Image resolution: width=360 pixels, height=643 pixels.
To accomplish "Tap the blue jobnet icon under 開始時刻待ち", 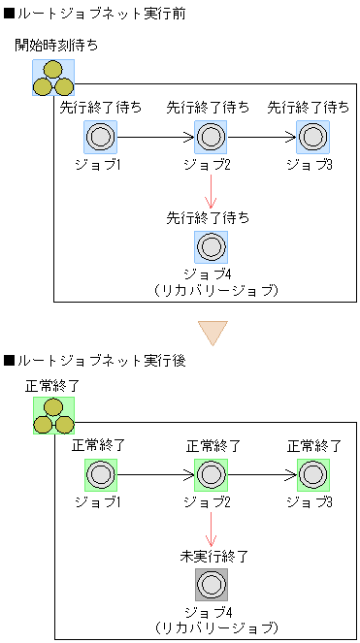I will pyautogui.click(x=52, y=78).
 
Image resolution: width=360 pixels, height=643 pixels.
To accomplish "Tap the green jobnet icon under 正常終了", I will pyautogui.click(x=52, y=416).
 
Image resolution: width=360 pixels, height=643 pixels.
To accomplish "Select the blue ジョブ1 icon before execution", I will pyautogui.click(x=99, y=138).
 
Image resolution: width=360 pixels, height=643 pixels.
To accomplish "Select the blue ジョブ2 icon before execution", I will pyautogui.click(x=211, y=138).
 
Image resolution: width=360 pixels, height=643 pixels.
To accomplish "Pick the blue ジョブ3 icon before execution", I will pyautogui.click(x=313, y=138).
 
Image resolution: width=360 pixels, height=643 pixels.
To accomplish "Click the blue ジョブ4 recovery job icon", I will pyautogui.click(x=211, y=247).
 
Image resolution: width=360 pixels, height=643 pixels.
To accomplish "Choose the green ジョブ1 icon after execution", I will pyautogui.click(x=99, y=475).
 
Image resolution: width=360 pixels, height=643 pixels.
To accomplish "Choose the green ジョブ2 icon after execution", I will pyautogui.click(x=211, y=475).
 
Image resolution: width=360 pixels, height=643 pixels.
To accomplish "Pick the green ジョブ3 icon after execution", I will pyautogui.click(x=313, y=475).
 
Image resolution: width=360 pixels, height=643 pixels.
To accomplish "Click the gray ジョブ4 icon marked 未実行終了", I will pyautogui.click(x=211, y=585).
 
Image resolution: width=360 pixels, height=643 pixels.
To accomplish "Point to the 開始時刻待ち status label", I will pyautogui.click(x=56, y=46).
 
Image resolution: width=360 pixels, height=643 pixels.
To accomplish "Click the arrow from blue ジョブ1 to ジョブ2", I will pyautogui.click(x=155, y=138).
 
